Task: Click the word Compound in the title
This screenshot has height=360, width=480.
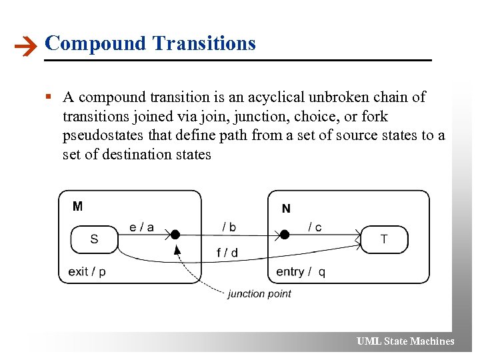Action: coord(95,43)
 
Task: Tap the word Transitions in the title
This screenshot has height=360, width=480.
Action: coord(204,43)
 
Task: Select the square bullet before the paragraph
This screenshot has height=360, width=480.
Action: coord(49,97)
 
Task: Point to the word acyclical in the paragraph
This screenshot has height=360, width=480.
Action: coord(278,97)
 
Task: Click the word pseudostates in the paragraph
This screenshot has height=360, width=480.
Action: coord(103,135)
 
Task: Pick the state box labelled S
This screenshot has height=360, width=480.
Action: coord(94,239)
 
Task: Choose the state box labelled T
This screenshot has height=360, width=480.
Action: coord(383,239)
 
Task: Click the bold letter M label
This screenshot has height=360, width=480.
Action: coord(78,206)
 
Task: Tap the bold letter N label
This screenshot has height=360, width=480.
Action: coord(286,209)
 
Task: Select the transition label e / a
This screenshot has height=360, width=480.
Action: coord(141,227)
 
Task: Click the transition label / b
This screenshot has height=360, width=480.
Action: coord(229,227)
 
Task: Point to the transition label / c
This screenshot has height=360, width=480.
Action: coord(315,227)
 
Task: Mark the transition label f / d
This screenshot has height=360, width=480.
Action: coord(227,253)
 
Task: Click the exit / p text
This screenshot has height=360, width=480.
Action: coord(87,271)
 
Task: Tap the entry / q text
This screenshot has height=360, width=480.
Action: coord(301,271)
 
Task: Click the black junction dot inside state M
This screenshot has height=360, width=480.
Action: coord(175,235)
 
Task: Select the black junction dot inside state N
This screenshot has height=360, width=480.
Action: coord(284,235)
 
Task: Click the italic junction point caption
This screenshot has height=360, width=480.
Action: coord(259,293)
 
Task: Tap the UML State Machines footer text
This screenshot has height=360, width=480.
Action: coord(405,341)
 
